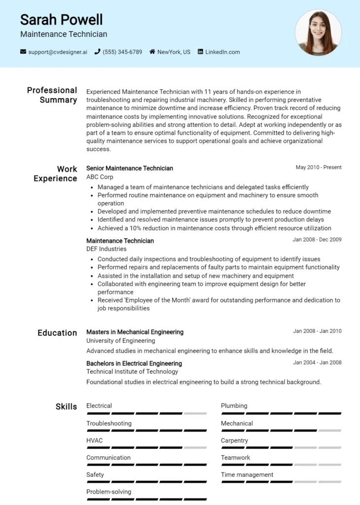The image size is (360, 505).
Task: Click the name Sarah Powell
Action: coord(62,20)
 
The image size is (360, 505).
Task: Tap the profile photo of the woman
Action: coord(318,33)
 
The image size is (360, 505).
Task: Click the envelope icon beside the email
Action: coord(23,52)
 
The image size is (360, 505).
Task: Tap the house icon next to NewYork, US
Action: coord(152,52)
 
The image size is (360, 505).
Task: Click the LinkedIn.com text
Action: coord(222,52)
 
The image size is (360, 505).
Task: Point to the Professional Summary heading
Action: coord(52,95)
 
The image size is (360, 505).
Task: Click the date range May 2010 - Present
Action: coord(319,168)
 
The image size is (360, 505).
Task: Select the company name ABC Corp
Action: coord(100,177)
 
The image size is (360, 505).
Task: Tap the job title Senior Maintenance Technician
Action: coord(130,168)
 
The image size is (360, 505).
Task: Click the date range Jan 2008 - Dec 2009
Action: coord(317,240)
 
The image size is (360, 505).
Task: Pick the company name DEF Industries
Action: coord(107,249)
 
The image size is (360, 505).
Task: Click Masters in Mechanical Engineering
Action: coord(135,332)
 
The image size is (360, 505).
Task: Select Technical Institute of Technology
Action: coord(132,372)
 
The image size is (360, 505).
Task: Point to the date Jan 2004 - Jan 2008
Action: coord(317,363)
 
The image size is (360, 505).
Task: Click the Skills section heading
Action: coord(66,407)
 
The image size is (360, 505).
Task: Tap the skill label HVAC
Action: coord(95,440)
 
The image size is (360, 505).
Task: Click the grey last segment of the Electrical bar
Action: coord(195,413)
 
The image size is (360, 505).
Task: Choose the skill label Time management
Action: coord(247,475)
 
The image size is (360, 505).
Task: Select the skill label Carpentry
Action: coord(234,440)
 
